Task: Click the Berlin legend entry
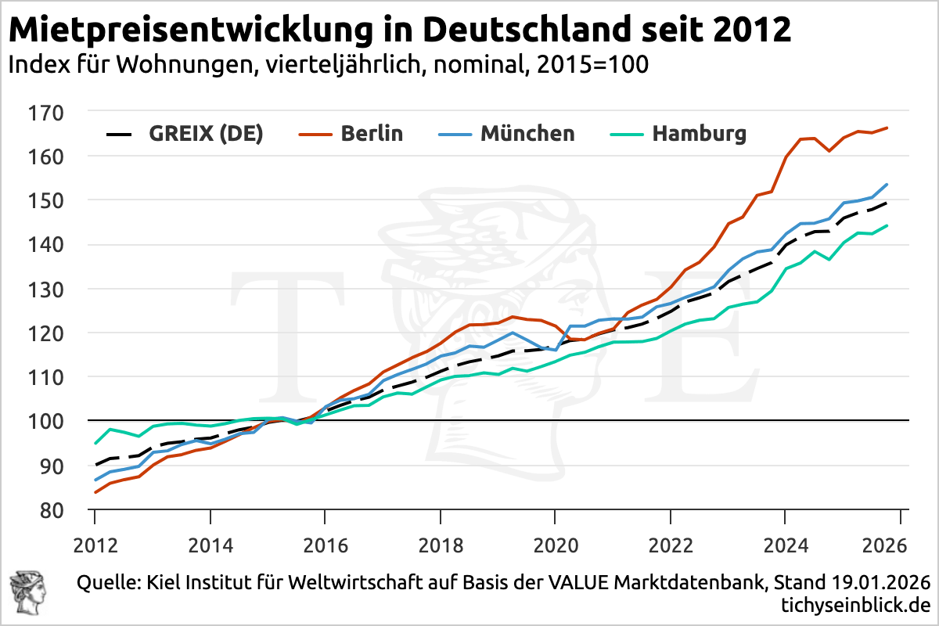pos(372,134)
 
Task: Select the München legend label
pos(527,134)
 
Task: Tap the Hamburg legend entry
pos(699,134)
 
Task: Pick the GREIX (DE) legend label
pos(207,134)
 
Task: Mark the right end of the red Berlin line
pos(886,128)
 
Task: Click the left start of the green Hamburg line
pos(95,444)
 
